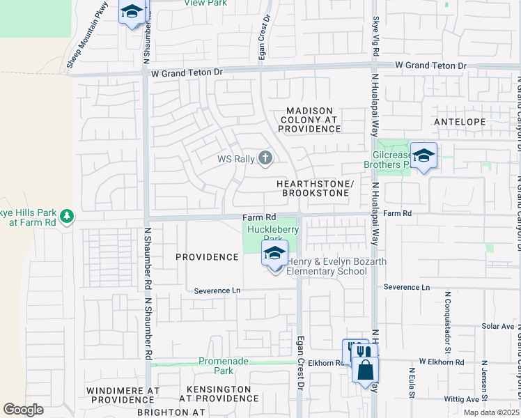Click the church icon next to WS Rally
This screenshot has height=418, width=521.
[265, 158]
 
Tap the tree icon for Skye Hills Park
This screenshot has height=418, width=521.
[67, 216]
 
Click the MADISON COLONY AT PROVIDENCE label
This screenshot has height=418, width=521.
[309, 120]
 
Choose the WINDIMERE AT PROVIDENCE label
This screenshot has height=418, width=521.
[123, 395]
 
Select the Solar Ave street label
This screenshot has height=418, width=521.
[497, 326]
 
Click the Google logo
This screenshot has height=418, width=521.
[23, 410]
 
